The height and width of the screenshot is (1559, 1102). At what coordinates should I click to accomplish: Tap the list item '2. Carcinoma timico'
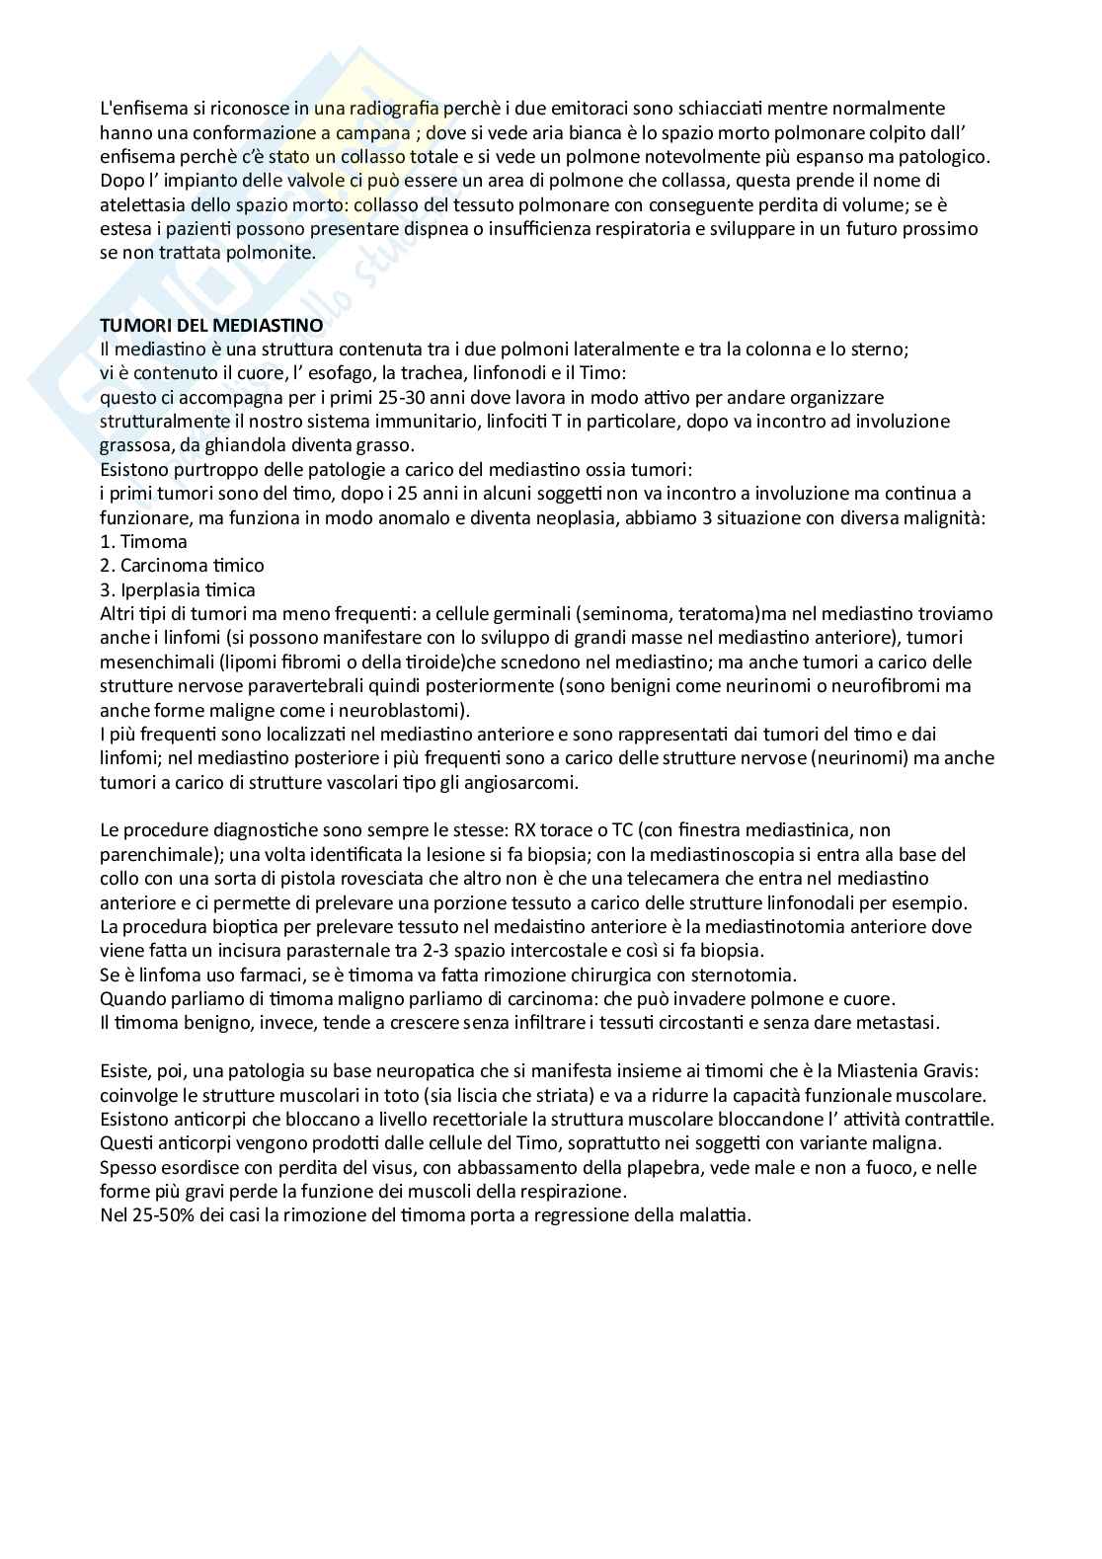[183, 566]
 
